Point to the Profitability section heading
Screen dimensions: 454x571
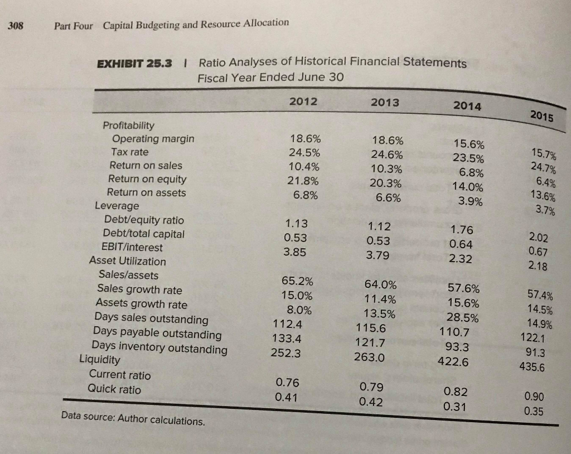point(129,125)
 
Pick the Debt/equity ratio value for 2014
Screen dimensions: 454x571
point(461,230)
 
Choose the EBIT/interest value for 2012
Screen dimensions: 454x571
point(296,252)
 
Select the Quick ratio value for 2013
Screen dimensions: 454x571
point(371,401)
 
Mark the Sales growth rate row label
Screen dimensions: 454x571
point(139,289)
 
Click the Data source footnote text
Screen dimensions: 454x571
point(133,418)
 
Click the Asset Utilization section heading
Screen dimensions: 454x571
point(128,261)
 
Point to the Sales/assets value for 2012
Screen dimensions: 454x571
point(297,281)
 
